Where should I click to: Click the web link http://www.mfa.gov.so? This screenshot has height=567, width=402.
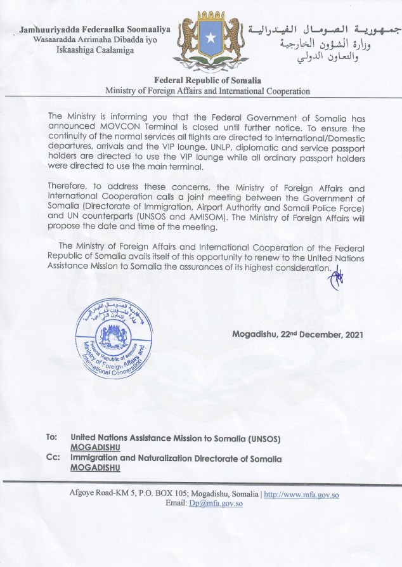[301, 494]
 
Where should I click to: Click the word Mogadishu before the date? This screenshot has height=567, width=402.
[255, 335]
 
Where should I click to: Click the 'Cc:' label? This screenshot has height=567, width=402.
[53, 458]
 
